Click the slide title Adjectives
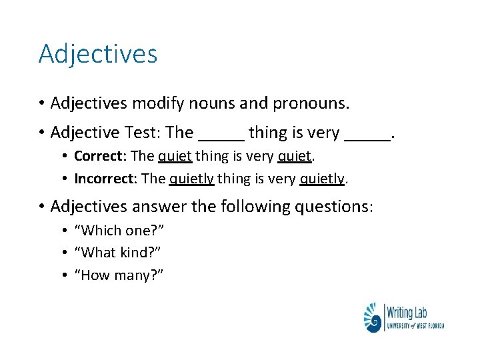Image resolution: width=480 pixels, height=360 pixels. [x=98, y=53]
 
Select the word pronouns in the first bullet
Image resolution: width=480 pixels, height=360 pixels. [x=311, y=104]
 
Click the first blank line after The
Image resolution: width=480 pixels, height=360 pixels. [x=221, y=139]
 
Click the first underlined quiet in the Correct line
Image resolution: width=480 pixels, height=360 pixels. [x=175, y=157]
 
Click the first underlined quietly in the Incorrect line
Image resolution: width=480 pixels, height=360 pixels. [x=191, y=179]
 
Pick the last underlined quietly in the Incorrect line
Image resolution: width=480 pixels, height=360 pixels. [x=323, y=179]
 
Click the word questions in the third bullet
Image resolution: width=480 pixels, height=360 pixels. [x=332, y=207]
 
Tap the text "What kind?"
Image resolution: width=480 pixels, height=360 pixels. [x=117, y=253]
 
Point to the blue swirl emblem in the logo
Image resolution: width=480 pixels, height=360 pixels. [x=373, y=318]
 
